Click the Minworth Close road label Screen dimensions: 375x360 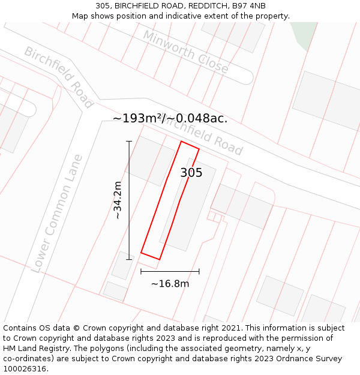click(185, 52)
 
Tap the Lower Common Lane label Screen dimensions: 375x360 click(56, 214)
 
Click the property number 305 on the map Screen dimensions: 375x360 click(191, 173)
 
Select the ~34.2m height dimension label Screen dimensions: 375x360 click(118, 200)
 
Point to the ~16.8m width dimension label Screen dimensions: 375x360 click(170, 284)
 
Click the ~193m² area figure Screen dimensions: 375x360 click(137, 118)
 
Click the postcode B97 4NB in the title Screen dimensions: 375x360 click(248, 6)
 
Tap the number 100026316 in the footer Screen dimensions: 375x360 click(25, 369)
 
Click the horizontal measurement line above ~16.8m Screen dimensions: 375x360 click(170, 271)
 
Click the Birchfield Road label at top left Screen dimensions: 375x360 click(58, 77)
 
